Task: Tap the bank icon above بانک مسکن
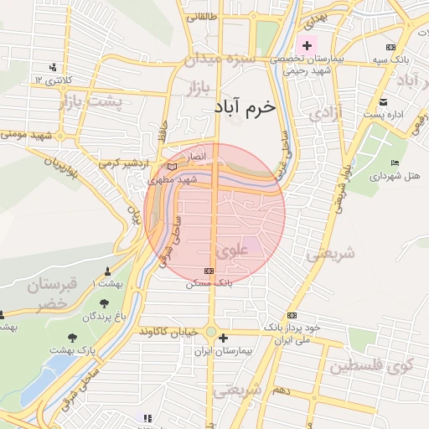(x=209, y=271)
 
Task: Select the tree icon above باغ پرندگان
(x=104, y=303)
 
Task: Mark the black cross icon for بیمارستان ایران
(x=223, y=339)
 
